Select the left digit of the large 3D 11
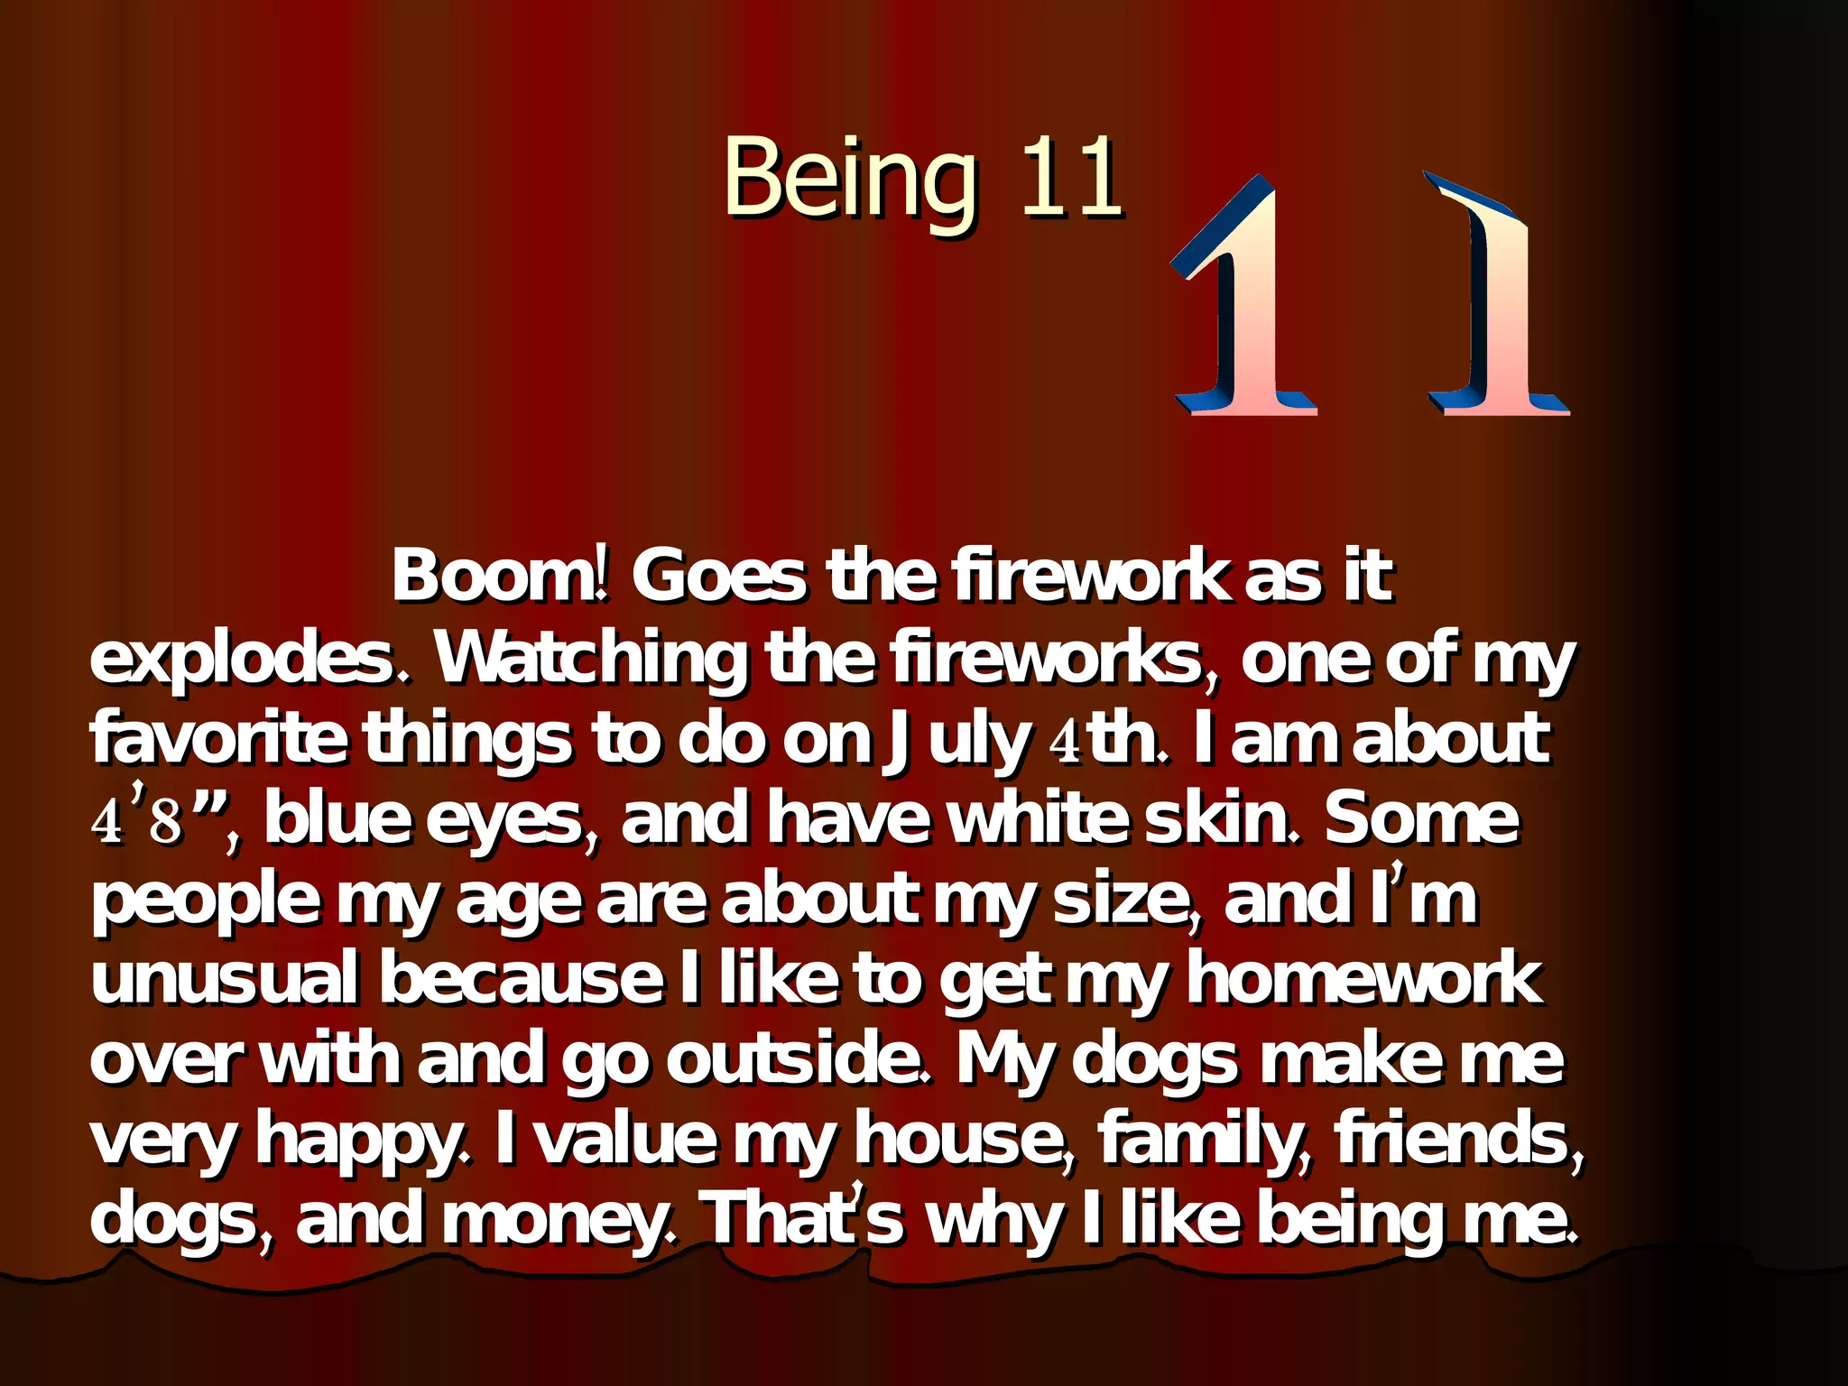(1245, 298)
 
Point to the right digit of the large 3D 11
(1493, 298)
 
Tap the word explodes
(253, 659)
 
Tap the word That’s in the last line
(803, 1218)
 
